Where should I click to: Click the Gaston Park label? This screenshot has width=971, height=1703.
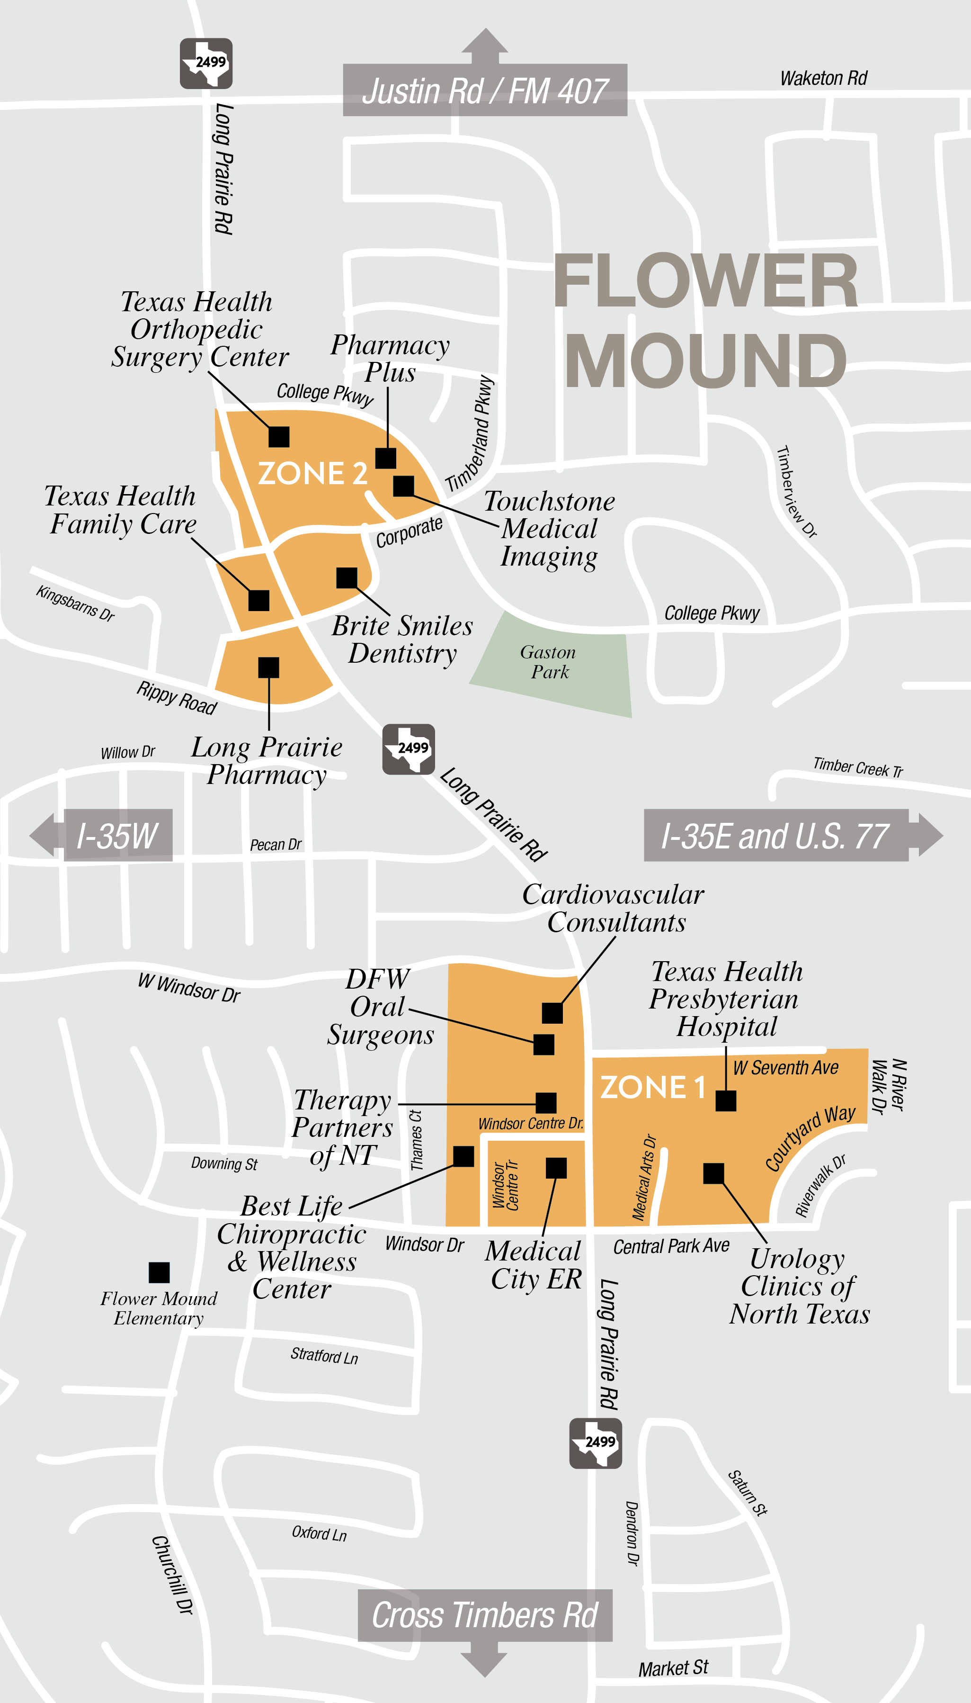[548, 662]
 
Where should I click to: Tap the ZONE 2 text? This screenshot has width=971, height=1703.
[312, 473]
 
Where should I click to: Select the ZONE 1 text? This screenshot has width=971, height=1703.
[652, 1087]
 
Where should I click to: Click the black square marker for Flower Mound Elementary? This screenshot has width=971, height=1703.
[159, 1272]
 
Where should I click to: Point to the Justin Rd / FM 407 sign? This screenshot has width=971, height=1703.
[485, 91]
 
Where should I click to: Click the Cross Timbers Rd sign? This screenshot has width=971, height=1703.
[485, 1615]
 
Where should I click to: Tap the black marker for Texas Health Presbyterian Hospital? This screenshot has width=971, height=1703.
[726, 1100]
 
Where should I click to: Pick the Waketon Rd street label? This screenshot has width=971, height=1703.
[824, 79]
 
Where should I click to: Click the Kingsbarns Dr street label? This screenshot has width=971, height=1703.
[75, 603]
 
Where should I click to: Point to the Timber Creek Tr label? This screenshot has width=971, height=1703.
[858, 767]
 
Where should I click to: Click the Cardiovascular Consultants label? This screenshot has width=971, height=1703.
[614, 908]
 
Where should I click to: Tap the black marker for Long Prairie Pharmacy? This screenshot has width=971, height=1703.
[269, 667]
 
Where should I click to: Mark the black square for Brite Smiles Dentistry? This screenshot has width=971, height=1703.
[347, 578]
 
